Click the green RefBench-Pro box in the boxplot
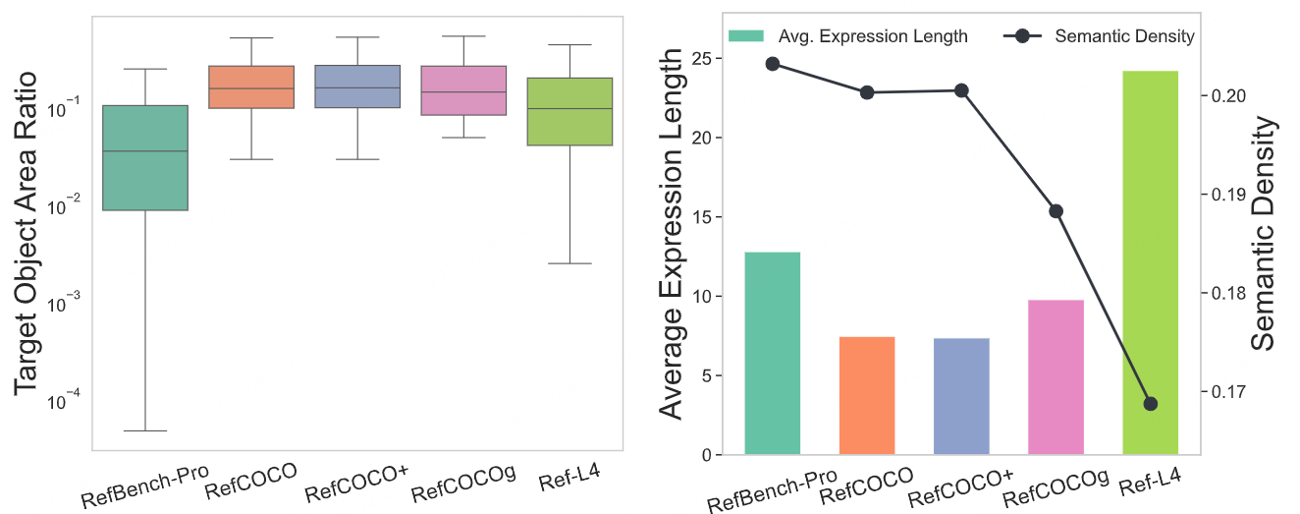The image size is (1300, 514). click(145, 157)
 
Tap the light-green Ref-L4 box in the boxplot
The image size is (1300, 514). click(569, 111)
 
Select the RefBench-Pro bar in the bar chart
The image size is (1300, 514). click(773, 354)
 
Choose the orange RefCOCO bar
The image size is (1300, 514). click(867, 396)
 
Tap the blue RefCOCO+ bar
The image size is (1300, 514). click(961, 397)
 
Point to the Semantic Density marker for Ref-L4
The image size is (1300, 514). click(1151, 404)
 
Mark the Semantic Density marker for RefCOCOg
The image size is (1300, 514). click(1056, 211)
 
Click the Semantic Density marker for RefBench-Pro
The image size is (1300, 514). click(773, 64)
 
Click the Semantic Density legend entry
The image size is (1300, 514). click(1099, 36)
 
